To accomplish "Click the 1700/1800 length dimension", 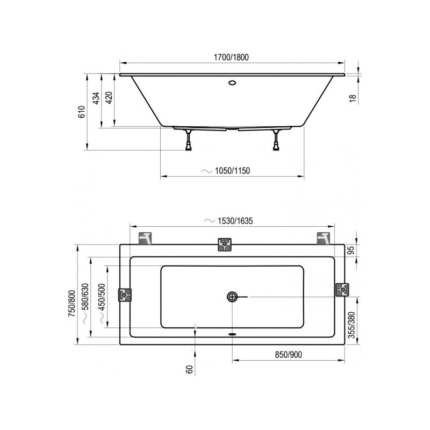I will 232,58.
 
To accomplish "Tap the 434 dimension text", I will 96,99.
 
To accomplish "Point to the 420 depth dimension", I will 109,99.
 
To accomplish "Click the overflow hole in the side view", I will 232,83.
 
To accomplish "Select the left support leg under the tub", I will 188,141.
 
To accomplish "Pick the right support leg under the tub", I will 276,141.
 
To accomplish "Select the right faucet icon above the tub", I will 323,238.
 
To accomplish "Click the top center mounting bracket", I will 224,245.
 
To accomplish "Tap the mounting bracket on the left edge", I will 125,295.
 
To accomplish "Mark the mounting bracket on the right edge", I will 342,290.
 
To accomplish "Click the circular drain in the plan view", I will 232,296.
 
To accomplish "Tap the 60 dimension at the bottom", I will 189,370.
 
